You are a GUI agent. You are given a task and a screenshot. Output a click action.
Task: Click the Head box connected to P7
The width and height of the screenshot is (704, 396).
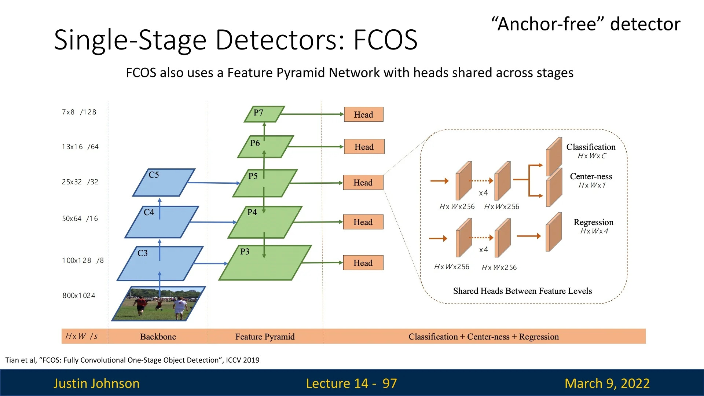[364, 114]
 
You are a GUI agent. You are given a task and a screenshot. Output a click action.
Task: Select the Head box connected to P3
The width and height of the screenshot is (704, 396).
[363, 263]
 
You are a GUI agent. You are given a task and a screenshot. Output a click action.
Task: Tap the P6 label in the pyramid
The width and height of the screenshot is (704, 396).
[255, 143]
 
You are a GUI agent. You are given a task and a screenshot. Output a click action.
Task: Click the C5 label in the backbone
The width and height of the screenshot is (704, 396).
[154, 175]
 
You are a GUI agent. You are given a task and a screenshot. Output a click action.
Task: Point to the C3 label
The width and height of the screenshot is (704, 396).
[142, 253]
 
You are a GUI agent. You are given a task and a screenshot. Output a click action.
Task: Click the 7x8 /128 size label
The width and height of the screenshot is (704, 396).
[79, 112]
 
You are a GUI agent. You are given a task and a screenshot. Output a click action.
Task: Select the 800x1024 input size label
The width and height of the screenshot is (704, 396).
[79, 296]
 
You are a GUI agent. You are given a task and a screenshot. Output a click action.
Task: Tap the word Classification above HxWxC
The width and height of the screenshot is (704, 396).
[591, 147]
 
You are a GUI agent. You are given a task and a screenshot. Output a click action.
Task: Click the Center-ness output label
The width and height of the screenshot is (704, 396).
[591, 176]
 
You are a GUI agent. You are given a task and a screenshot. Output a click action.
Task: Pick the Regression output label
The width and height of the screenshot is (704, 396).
[593, 222]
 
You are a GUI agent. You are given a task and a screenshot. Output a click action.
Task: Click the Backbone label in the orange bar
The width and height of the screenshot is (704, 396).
[158, 337]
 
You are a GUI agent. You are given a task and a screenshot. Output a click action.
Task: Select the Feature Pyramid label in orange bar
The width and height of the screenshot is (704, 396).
[265, 337]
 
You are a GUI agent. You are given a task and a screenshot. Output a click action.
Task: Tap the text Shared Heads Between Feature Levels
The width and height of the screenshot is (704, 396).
[522, 291]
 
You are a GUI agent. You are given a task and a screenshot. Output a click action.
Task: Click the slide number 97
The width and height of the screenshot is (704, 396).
[389, 384]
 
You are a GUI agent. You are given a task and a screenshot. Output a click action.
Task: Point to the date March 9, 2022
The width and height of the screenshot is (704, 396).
[607, 384]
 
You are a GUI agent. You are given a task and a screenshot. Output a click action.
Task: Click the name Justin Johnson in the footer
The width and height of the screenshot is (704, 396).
[96, 384]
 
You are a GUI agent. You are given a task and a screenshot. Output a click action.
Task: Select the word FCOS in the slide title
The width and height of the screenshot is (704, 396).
[385, 40]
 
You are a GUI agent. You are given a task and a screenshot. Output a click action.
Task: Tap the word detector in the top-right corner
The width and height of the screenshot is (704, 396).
[645, 24]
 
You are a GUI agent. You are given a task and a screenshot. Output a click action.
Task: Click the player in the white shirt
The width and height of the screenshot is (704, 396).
[180, 307]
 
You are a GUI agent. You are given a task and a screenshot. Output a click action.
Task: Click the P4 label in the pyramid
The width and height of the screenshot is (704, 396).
[252, 212]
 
